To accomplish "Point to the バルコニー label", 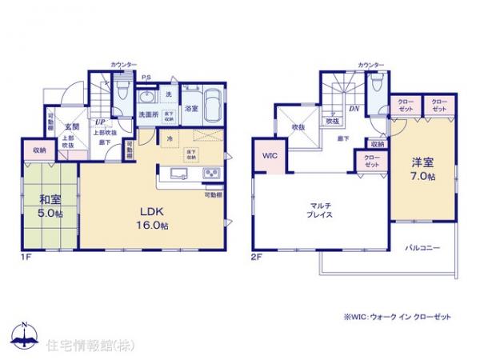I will (x=421, y=248).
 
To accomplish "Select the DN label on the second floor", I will (x=353, y=109).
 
